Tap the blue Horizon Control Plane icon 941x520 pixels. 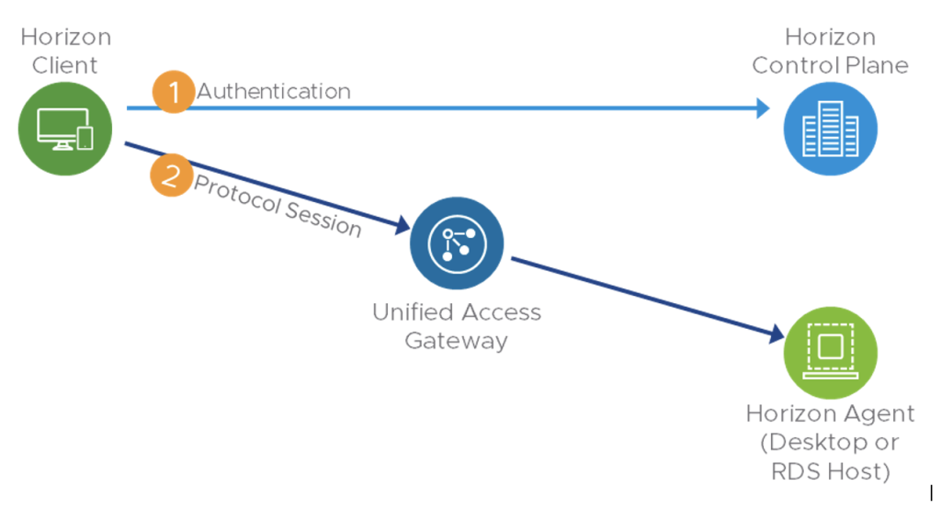coord(830,129)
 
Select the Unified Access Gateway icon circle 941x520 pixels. coord(457,243)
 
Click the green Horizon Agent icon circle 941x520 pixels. coord(830,352)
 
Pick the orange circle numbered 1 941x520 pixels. coord(172,92)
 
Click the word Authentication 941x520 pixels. coord(274,91)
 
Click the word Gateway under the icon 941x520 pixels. coord(457,341)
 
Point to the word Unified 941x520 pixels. coord(412,312)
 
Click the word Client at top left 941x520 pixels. coord(65,65)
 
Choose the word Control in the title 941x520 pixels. coord(795,65)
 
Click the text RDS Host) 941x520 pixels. coord(830,472)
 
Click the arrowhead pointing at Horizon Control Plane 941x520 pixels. coord(761,108)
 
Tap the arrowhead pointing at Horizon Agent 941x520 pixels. coord(776,336)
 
